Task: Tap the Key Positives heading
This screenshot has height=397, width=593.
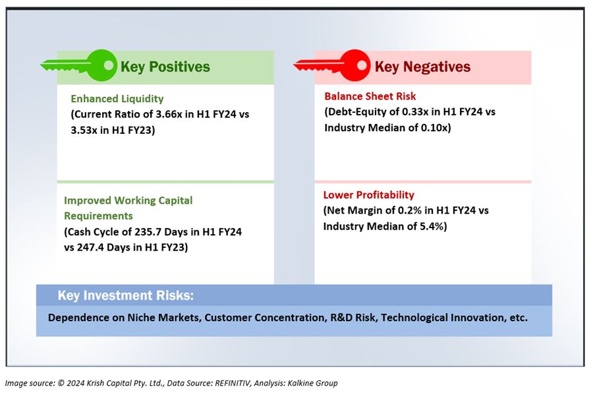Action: (165, 67)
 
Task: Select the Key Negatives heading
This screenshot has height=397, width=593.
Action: (422, 67)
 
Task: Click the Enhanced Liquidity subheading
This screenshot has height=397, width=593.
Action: (117, 99)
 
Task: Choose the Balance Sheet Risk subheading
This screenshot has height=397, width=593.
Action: (370, 96)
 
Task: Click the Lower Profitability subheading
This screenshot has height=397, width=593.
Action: (369, 195)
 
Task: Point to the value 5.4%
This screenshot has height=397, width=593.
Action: (432, 226)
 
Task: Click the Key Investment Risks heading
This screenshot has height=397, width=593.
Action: (126, 295)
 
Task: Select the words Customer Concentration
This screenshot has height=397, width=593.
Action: (266, 317)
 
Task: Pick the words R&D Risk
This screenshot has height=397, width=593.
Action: (354, 317)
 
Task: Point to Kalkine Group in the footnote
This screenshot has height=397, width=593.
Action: (312, 383)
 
